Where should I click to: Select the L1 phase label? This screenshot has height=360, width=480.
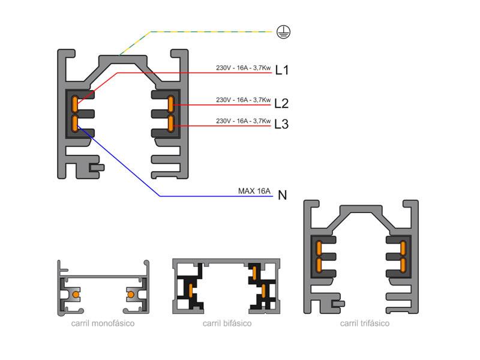282,71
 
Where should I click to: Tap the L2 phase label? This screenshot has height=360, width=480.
281,103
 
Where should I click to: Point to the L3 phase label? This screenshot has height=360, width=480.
281,125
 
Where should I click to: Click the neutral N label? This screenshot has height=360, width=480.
283,195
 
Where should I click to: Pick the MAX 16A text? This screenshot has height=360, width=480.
254,191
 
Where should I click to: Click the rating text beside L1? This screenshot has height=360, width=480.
243,68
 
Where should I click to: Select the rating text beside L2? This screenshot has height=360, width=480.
243,100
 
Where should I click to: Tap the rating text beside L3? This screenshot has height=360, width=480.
243,121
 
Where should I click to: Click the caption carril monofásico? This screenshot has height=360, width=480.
102,323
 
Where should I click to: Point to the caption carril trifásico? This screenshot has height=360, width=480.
365,323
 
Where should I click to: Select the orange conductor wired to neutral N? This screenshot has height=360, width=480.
75,124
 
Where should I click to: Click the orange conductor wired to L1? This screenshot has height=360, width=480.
75,104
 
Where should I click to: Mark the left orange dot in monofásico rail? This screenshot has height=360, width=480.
74,295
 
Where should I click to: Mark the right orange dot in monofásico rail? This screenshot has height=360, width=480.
130,295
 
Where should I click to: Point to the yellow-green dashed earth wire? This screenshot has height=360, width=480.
198,31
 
